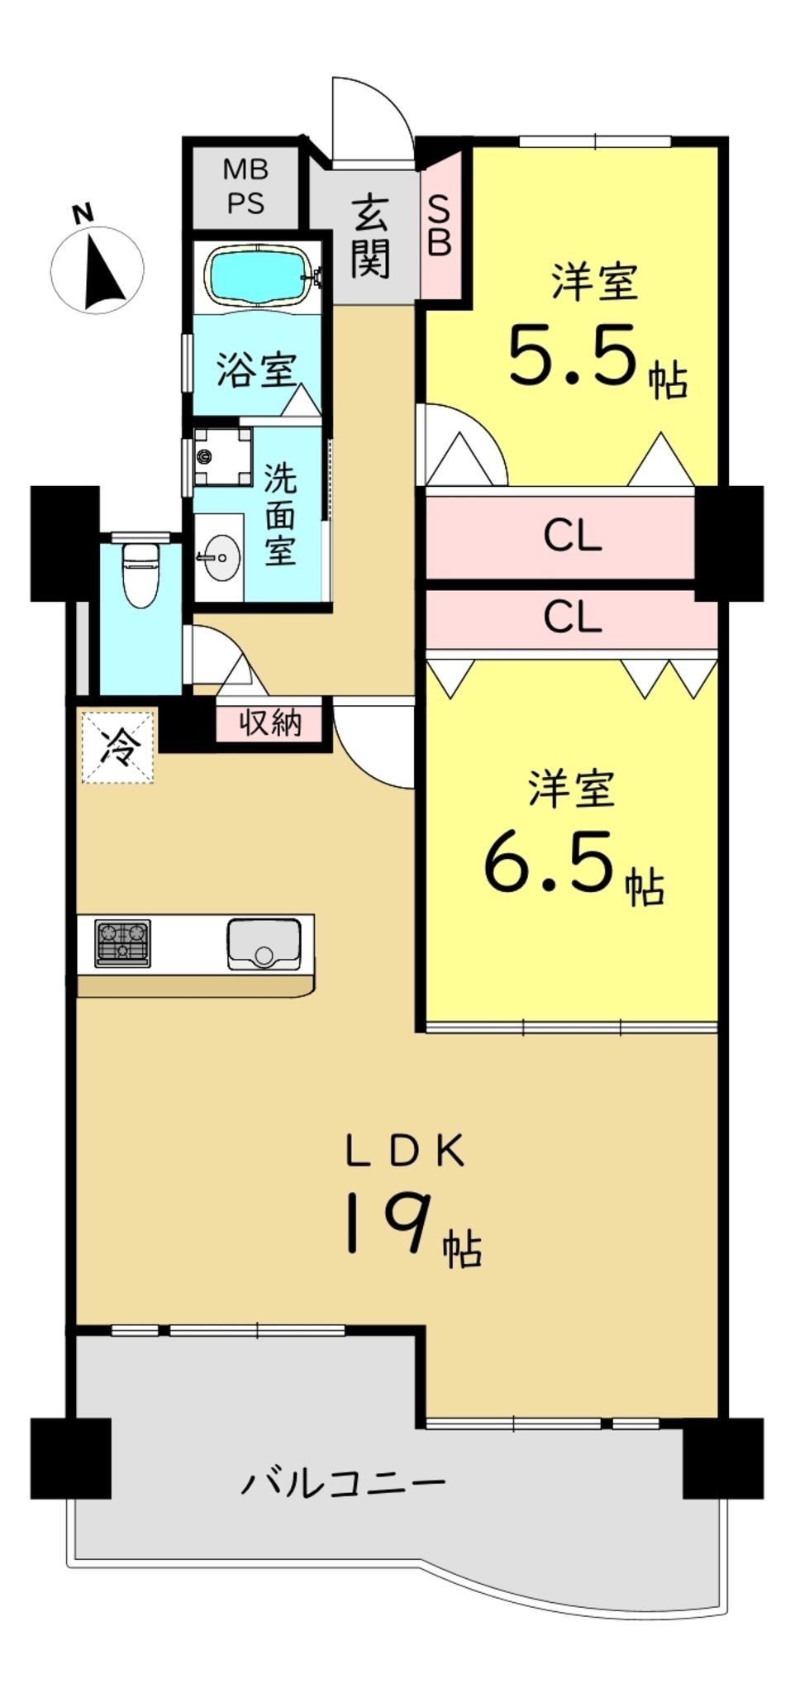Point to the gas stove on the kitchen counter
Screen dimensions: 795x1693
coord(123,942)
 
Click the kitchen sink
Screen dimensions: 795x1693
coord(264,942)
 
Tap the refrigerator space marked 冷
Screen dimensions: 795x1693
coord(117,746)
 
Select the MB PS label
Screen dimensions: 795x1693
coord(245,187)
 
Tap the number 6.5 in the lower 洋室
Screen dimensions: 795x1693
coord(550,862)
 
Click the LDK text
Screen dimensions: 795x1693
coord(405,1152)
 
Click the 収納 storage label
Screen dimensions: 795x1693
coord(270,723)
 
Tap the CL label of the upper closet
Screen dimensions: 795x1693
coord(573,537)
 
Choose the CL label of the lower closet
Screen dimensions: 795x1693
coord(573,617)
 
